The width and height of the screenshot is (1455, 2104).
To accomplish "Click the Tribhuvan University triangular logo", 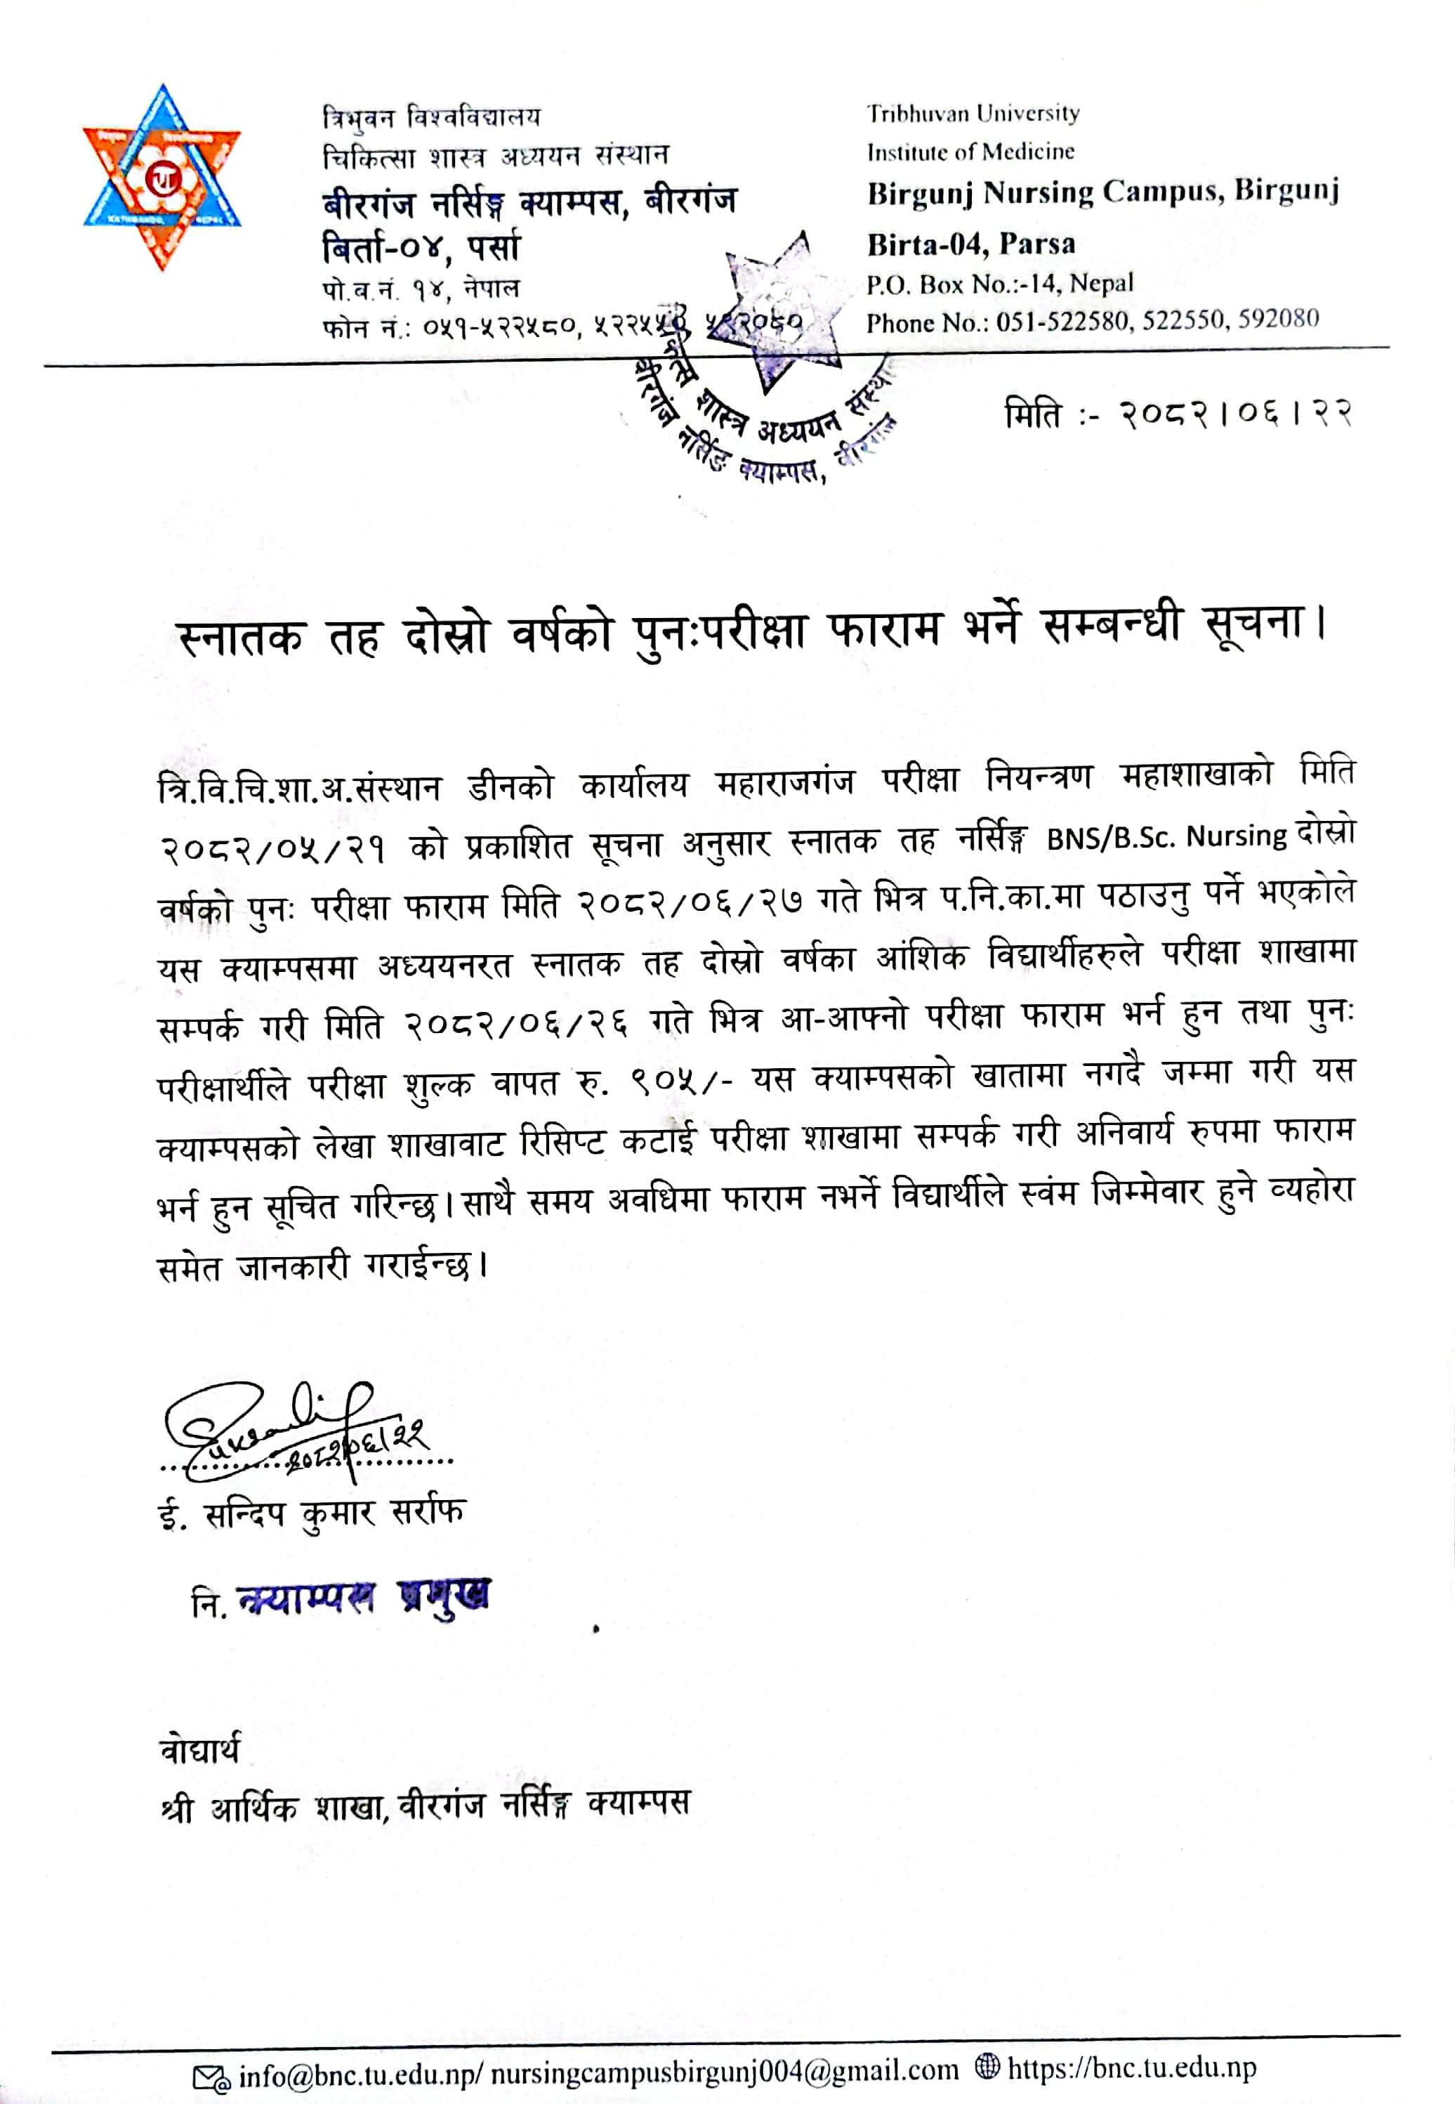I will [162, 177].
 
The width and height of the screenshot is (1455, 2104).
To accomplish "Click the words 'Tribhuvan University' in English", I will [973, 114].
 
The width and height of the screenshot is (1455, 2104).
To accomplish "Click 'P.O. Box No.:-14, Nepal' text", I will [999, 284].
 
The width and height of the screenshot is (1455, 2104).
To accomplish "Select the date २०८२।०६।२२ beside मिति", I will [1235, 415].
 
